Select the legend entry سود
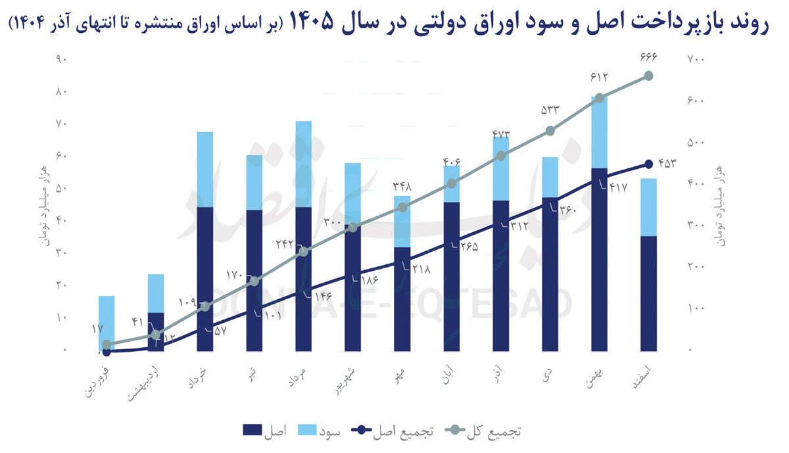(320, 431)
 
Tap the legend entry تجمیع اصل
(393, 431)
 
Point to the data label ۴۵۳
(666, 164)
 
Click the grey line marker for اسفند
(648, 76)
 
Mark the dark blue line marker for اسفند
(648, 164)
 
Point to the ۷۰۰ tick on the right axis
(696, 60)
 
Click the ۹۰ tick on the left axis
(62, 60)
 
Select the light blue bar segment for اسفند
(648, 206)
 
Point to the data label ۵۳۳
(550, 110)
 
